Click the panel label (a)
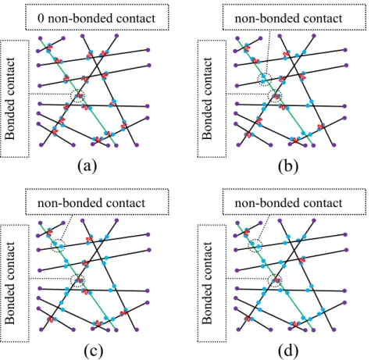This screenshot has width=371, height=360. click(87, 166)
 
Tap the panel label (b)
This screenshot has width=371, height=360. click(288, 166)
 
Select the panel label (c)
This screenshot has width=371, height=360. click(94, 351)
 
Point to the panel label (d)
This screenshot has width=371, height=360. click(288, 351)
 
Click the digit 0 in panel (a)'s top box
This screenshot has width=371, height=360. click(41, 19)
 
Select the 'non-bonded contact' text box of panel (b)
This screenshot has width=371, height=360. click(294, 17)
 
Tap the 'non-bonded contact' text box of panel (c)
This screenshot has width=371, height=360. click(97, 202)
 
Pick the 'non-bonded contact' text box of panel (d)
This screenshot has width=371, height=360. click(294, 202)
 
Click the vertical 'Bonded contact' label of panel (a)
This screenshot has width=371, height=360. click(10, 98)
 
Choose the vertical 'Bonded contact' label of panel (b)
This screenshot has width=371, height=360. click(207, 98)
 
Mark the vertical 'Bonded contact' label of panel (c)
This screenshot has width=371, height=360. click(10, 283)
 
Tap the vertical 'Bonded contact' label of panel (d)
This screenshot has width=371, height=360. click(207, 283)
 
